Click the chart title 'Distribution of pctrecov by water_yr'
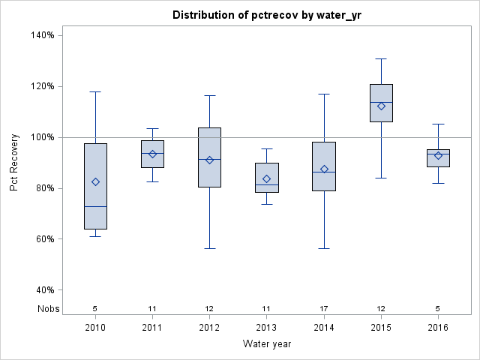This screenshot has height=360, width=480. click(x=266, y=15)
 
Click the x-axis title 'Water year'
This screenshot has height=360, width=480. click(x=266, y=343)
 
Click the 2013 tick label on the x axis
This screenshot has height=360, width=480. click(x=266, y=327)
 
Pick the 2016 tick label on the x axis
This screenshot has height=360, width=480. click(x=438, y=327)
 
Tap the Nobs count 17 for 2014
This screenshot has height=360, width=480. click(x=324, y=308)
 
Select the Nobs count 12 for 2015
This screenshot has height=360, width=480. click(x=381, y=308)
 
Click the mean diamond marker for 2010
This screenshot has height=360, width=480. click(x=95, y=181)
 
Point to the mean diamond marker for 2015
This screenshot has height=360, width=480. click(x=381, y=106)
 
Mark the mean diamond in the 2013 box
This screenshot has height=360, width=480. click(x=266, y=178)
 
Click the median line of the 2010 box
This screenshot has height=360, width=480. click(x=95, y=206)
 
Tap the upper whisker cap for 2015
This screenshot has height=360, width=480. click(x=381, y=58)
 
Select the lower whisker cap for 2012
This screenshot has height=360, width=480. click(x=209, y=248)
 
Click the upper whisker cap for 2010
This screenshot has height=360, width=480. click(x=95, y=91)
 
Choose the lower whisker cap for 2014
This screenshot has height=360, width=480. click(x=324, y=248)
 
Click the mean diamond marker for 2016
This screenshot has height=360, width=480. click(x=438, y=155)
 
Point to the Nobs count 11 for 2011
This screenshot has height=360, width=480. click(x=152, y=308)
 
